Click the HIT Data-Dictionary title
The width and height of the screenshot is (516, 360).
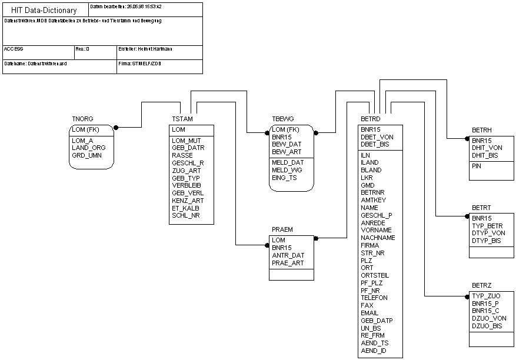44,10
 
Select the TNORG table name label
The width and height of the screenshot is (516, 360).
82,119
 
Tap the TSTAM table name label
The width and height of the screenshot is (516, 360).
181,119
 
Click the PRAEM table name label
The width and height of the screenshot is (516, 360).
282,229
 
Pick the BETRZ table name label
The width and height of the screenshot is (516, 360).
482,285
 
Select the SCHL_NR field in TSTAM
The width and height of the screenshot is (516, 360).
185,215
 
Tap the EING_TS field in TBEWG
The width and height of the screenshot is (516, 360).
285,178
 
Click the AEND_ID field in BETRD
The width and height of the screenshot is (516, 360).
374,351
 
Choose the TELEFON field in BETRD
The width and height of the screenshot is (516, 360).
374,298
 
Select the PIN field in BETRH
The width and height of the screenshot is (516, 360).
477,166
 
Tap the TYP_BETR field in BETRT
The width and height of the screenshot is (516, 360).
488,226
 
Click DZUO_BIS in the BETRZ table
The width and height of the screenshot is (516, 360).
487,326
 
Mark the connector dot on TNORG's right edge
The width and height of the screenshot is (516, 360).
116,127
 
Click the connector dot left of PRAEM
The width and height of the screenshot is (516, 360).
267,245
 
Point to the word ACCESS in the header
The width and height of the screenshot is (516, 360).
14,49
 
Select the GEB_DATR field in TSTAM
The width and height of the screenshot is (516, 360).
188,148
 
